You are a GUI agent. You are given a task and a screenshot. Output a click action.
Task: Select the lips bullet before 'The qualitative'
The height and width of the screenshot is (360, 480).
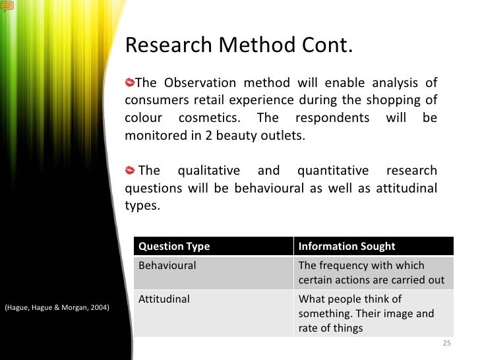[131, 171]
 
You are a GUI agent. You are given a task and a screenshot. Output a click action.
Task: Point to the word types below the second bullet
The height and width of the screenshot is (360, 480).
[141, 205]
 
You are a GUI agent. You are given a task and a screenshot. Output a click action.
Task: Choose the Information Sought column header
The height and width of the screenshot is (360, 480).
[347, 246]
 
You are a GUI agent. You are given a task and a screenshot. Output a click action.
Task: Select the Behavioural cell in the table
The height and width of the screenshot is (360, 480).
[167, 266]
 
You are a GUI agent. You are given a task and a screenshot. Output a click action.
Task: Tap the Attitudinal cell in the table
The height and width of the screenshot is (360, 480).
[164, 299]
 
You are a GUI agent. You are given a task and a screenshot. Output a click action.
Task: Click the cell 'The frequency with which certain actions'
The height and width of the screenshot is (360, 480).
[371, 273]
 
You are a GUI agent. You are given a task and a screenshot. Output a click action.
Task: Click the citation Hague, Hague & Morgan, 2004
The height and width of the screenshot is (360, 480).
[57, 308]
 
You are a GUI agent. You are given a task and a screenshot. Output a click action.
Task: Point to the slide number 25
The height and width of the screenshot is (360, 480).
[446, 344]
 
